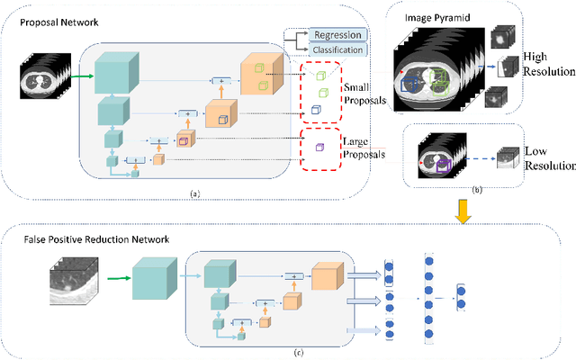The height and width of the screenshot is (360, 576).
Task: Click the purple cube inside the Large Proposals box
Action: click(x=318, y=147)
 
